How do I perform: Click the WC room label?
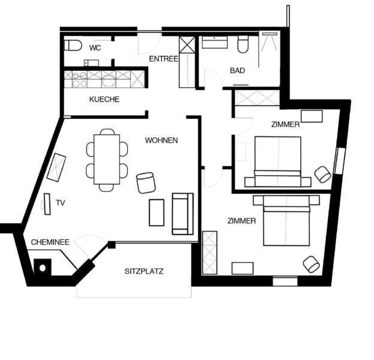click(x=95, y=48)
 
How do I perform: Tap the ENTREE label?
click(x=164, y=59)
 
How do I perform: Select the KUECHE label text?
click(x=104, y=100)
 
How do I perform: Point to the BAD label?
click(x=237, y=70)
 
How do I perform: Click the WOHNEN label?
click(x=161, y=140)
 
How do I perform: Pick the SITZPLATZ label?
click(x=144, y=271)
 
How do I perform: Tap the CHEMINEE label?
click(x=50, y=242)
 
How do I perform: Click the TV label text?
click(x=61, y=203)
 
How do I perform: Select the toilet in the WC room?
click(x=73, y=46)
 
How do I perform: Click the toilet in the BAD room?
click(x=243, y=44)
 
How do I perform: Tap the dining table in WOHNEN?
click(x=107, y=160)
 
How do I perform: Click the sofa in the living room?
click(x=183, y=214)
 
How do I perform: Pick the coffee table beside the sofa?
click(x=156, y=212)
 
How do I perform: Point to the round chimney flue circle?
click(x=43, y=268)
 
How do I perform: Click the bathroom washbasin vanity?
click(x=215, y=42)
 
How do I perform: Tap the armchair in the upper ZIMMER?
click(x=322, y=174)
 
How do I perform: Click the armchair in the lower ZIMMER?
click(x=311, y=264)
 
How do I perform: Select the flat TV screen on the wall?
click(x=47, y=204)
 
